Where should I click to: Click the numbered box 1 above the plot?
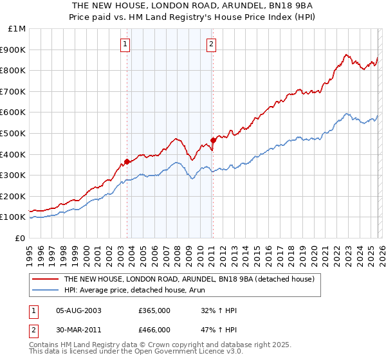(x=125, y=44)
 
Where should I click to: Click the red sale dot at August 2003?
(x=127, y=162)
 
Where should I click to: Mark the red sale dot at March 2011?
(x=213, y=140)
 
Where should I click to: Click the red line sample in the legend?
(x=46, y=280)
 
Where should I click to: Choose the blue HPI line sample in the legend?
(x=46, y=291)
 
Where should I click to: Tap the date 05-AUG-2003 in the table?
(x=78, y=310)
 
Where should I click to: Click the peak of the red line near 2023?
(x=346, y=55)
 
